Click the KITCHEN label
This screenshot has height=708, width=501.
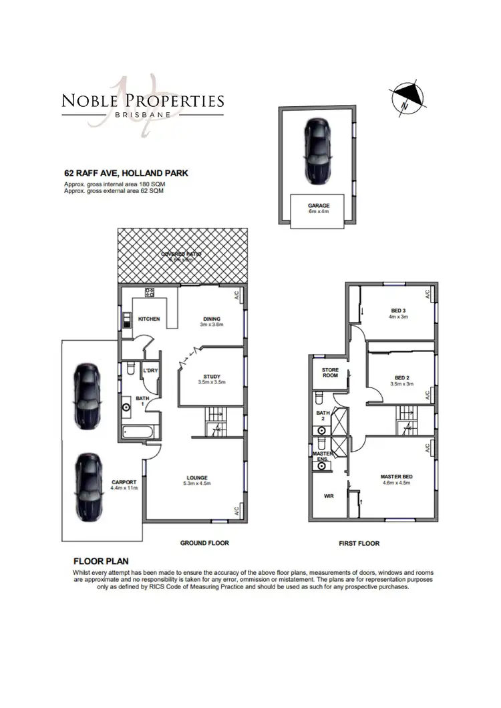[149, 319]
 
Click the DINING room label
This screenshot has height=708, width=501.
[211, 319]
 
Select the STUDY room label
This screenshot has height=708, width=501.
[212, 377]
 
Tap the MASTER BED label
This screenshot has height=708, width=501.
[397, 476]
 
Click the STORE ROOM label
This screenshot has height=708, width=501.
[331, 372]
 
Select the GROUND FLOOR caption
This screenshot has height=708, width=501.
[204, 543]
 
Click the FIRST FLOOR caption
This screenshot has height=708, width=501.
[359, 544]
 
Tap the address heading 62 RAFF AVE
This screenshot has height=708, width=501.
[126, 173]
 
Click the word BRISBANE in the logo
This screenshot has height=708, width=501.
[143, 114]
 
